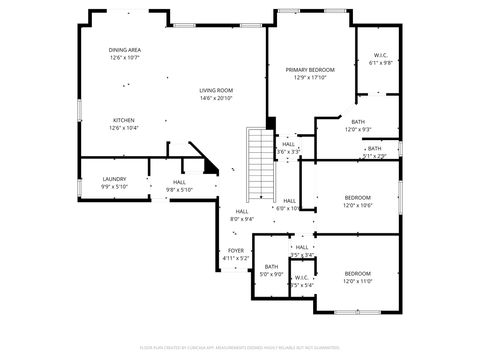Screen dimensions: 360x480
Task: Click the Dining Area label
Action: (x=125, y=50)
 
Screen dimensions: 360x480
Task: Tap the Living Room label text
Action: (x=215, y=90)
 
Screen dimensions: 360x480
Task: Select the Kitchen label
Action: (x=124, y=120)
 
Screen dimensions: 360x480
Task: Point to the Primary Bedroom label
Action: (x=309, y=69)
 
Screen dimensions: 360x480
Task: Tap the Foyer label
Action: (x=235, y=251)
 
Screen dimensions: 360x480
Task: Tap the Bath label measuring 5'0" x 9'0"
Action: (x=271, y=267)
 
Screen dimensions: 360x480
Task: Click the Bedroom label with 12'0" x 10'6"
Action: (x=357, y=198)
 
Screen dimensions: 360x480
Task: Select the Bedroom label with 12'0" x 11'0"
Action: (x=357, y=274)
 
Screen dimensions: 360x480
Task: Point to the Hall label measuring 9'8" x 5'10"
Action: (x=179, y=182)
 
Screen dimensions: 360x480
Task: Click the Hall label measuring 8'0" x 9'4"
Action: (x=242, y=212)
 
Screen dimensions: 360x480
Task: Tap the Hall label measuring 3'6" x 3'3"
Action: (x=288, y=145)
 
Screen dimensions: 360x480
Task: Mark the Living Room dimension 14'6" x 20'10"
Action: (x=215, y=98)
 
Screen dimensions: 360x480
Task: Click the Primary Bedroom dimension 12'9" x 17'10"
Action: (x=309, y=77)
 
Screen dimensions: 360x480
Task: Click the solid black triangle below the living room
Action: (x=210, y=168)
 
